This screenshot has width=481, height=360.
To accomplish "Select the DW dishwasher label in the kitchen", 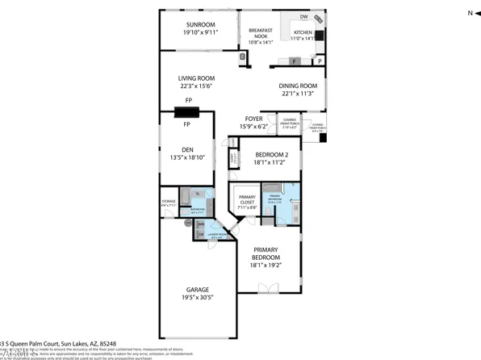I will (303, 16).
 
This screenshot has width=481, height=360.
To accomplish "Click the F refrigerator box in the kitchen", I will (295, 61).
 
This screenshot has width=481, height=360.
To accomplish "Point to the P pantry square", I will (320, 61).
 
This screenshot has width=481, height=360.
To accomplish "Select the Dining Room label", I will (298, 85).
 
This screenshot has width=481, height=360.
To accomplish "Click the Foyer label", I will (255, 118).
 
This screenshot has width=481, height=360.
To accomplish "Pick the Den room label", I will (187, 149).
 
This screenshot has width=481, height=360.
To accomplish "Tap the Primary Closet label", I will (247, 199).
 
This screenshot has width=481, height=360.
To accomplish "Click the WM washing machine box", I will (201, 224).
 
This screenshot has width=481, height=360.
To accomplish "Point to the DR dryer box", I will (201, 234).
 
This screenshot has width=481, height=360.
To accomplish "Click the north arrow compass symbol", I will (470, 12).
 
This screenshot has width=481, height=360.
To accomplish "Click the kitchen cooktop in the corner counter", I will (319, 18).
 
